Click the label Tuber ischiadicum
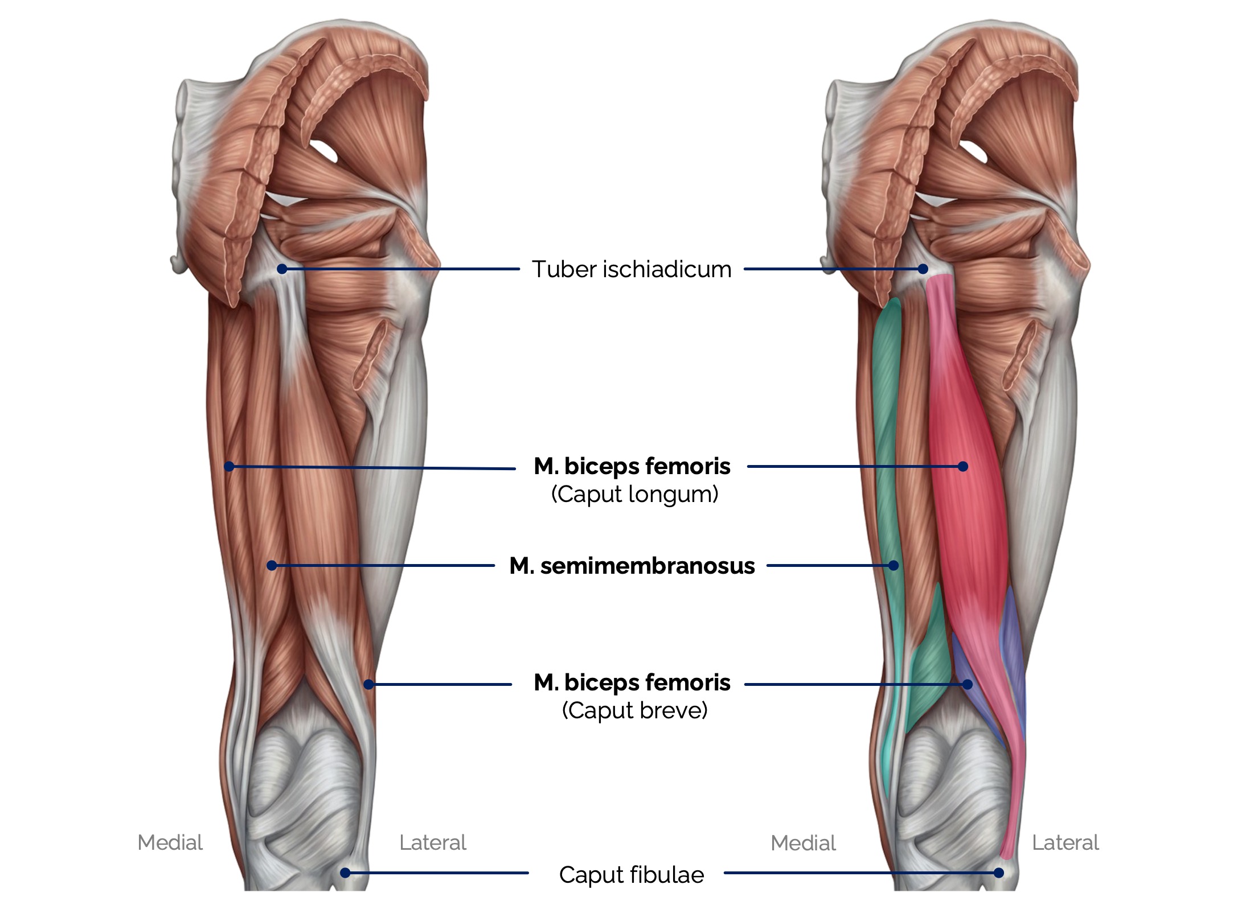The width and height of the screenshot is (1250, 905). (631, 269)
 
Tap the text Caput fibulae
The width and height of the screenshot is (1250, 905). (631, 875)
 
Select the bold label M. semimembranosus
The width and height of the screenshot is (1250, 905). (632, 566)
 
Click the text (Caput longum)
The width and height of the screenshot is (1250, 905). (634, 494)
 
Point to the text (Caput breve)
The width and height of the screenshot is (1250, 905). (634, 710)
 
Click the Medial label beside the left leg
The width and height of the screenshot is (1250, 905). (170, 842)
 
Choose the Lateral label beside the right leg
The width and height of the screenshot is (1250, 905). (1065, 842)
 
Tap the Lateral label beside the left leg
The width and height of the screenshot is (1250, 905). (432, 842)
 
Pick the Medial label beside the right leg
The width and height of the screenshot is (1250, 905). (803, 843)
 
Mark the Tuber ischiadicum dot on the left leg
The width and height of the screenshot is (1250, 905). (282, 269)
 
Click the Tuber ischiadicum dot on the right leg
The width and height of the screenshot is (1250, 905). (923, 269)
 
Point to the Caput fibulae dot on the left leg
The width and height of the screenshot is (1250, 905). (345, 873)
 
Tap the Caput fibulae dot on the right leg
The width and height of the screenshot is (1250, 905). (998, 873)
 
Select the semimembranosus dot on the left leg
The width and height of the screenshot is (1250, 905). (272, 565)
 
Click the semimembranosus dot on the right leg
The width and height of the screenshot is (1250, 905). (894, 565)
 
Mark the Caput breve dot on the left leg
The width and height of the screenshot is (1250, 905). (368, 684)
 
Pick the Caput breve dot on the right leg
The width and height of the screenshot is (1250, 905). (967, 684)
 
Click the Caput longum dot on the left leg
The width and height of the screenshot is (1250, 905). (229, 466)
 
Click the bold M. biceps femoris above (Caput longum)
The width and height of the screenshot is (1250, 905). (632, 466)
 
